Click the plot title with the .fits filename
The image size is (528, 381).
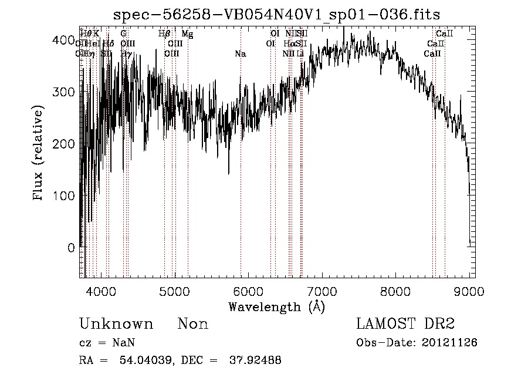click(x=276, y=15)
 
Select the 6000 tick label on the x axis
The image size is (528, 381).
click(x=249, y=291)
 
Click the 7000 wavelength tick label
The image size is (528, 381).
click(x=322, y=291)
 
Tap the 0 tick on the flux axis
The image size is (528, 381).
click(x=71, y=247)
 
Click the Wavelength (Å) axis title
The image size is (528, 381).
click(x=276, y=306)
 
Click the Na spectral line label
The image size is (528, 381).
click(x=240, y=54)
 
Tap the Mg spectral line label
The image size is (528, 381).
click(x=187, y=34)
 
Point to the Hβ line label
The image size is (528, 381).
click(x=164, y=34)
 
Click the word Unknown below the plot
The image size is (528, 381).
click(x=116, y=324)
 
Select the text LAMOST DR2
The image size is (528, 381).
click(x=405, y=323)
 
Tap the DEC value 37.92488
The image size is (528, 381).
click(x=255, y=360)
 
